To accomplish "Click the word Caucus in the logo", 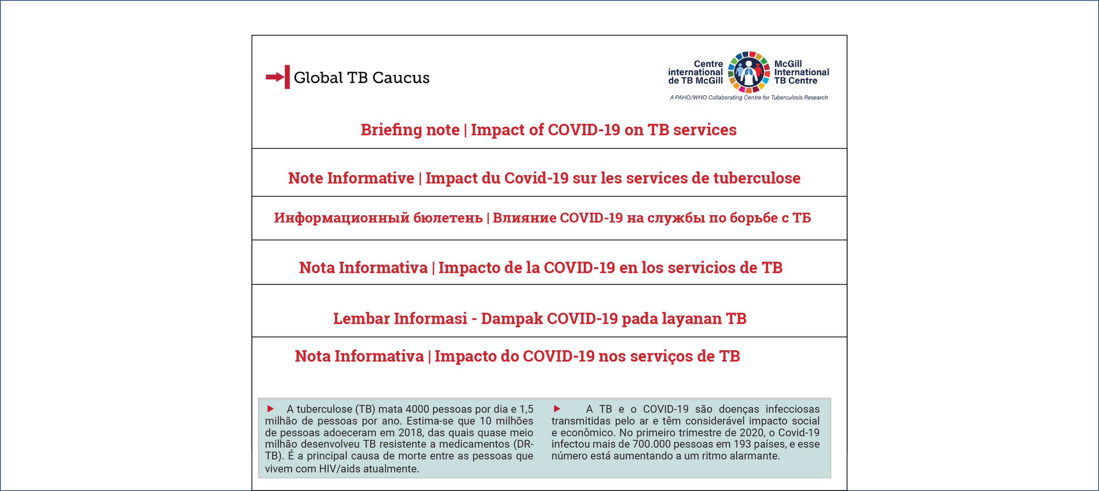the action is click(x=401, y=78).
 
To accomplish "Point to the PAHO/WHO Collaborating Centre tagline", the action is click(x=749, y=98).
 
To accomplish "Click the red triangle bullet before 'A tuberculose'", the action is click(x=270, y=409).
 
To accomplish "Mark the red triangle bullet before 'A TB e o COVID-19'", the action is click(x=557, y=409).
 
